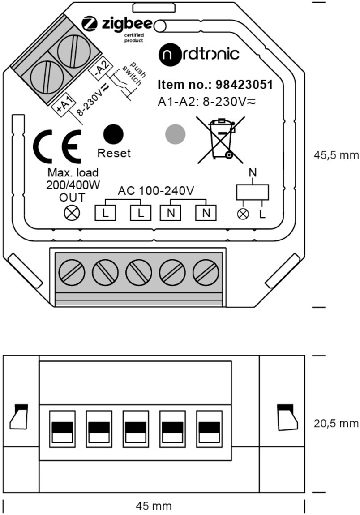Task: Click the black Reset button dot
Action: [113, 134]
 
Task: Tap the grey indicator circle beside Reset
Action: [175, 134]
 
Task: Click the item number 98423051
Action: [244, 85]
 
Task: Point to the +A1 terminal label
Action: [64, 105]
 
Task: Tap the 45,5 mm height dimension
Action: [336, 155]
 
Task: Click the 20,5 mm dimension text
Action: [336, 423]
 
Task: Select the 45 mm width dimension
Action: [154, 506]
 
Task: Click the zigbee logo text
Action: [128, 24]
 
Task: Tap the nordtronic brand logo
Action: [199, 55]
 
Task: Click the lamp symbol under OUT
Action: [72, 213]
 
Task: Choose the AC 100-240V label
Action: [156, 190]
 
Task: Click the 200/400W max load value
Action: [73, 185]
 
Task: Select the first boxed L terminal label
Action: [105, 213]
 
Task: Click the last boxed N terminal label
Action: [206, 213]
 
